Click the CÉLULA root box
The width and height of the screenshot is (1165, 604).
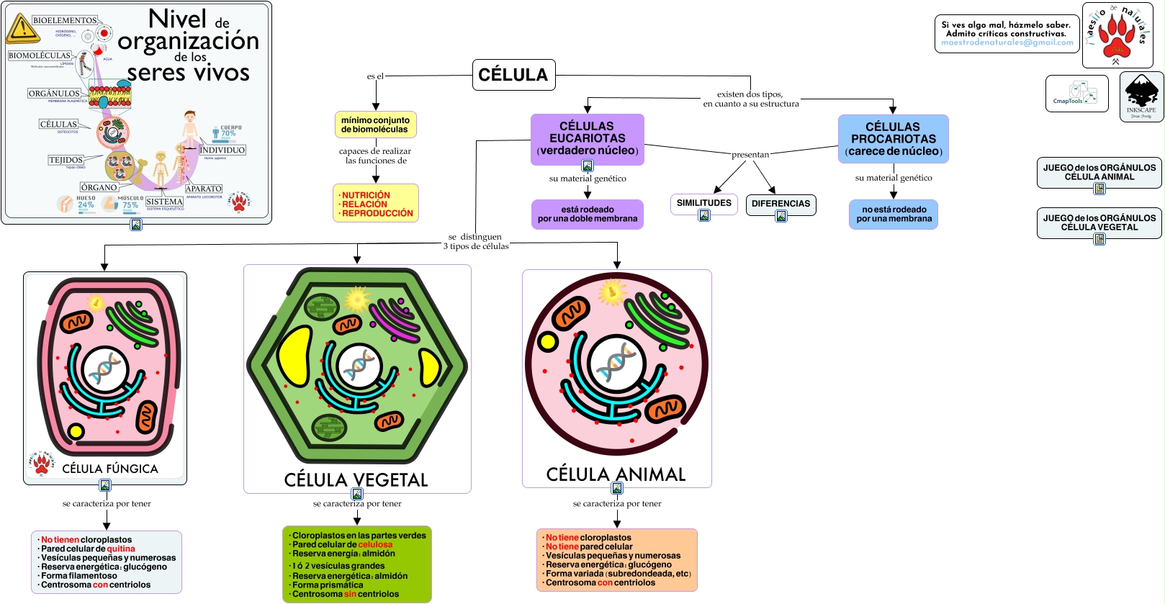pos(513,75)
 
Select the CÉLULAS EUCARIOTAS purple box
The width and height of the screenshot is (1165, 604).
pos(587,138)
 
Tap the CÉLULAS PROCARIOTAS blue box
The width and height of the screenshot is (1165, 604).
pos(893,139)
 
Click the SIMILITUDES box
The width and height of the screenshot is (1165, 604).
pos(703,203)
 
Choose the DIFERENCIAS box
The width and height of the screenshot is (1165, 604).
pos(781,204)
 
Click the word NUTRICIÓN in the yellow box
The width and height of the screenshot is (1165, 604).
pos(366,195)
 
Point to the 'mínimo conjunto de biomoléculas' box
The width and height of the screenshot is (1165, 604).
pos(375,125)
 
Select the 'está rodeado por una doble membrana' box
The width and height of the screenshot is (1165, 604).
pos(587,214)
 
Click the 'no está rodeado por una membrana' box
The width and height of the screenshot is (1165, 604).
pos(894,214)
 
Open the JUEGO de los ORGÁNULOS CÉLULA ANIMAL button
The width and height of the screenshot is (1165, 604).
pos(1099,172)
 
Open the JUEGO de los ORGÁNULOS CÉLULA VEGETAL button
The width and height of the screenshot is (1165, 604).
pos(1099,222)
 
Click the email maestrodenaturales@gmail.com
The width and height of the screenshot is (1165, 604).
pos(1007,42)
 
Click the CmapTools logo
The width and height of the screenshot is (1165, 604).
pos(1076,94)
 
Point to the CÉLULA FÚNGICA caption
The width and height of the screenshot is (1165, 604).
pos(110,469)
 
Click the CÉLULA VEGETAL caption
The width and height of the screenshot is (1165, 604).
pos(356,480)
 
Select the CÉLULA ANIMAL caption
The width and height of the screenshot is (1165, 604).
pos(616,474)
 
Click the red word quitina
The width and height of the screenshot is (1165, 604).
pos(121,549)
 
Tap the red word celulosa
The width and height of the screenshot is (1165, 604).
pos(375,545)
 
